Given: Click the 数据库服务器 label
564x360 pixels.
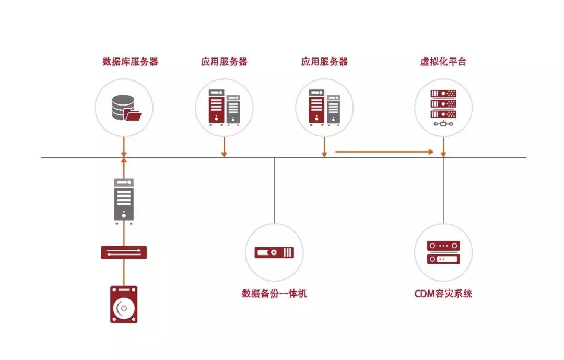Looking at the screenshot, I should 130,62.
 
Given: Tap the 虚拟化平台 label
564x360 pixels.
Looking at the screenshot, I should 443,62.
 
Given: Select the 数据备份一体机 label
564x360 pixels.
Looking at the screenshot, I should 275,294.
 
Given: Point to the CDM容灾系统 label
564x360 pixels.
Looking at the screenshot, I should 443,294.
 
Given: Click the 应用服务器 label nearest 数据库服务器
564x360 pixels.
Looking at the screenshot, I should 224,62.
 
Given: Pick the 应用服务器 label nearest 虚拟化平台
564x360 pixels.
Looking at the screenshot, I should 324,62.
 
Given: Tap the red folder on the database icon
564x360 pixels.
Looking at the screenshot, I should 134,115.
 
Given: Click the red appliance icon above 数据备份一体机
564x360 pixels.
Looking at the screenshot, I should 275,252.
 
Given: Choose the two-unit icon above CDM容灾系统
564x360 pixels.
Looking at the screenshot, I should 443,252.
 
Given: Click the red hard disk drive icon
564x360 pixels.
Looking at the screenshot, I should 124,305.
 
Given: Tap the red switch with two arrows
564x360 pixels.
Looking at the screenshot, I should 124,253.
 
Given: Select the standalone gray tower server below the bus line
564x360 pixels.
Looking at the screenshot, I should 124,199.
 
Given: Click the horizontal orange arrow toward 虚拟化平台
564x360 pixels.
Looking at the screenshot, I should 384,152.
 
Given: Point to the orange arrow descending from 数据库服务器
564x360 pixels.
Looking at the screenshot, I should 124,146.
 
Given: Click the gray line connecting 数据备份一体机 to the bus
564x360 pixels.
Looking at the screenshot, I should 275,191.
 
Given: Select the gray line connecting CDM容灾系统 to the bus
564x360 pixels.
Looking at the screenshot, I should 443,191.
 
